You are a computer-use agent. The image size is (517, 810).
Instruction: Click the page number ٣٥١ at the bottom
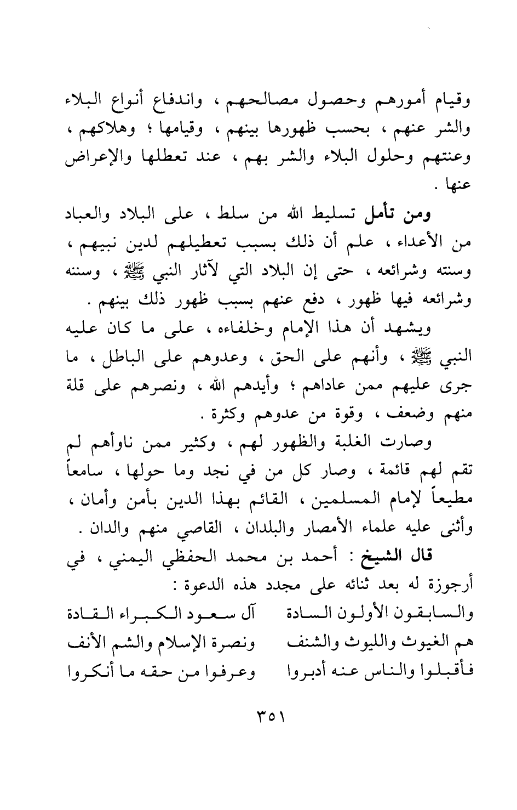[271, 717]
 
